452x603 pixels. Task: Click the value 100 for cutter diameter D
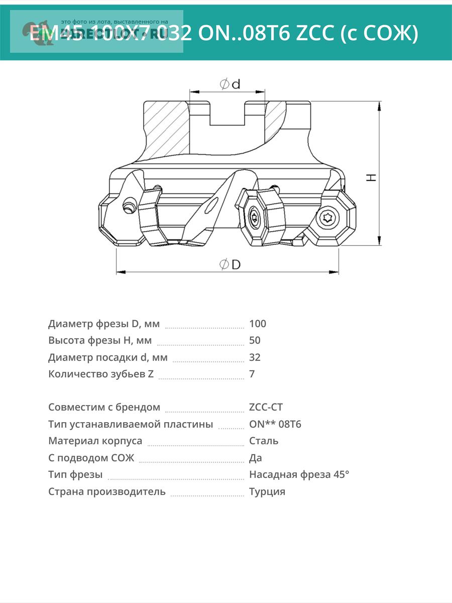tap(258, 324)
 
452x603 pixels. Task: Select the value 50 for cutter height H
tap(255, 340)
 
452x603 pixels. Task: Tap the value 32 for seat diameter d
tap(255, 357)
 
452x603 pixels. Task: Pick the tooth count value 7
tap(252, 374)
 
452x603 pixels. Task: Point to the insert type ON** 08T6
tap(275, 424)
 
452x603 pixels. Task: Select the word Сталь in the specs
tap(264, 441)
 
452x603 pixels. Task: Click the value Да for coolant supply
tap(256, 458)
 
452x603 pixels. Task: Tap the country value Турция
tap(267, 491)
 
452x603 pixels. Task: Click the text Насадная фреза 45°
tap(299, 474)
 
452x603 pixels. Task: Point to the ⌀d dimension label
tap(230, 84)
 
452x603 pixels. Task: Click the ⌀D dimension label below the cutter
tap(230, 264)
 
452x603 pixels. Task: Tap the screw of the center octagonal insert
tap(254, 218)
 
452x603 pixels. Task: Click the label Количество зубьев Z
tap(101, 374)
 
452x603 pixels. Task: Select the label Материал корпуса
tap(95, 441)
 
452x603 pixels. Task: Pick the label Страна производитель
tap(107, 491)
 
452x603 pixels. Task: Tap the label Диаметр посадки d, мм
tap(108, 357)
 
